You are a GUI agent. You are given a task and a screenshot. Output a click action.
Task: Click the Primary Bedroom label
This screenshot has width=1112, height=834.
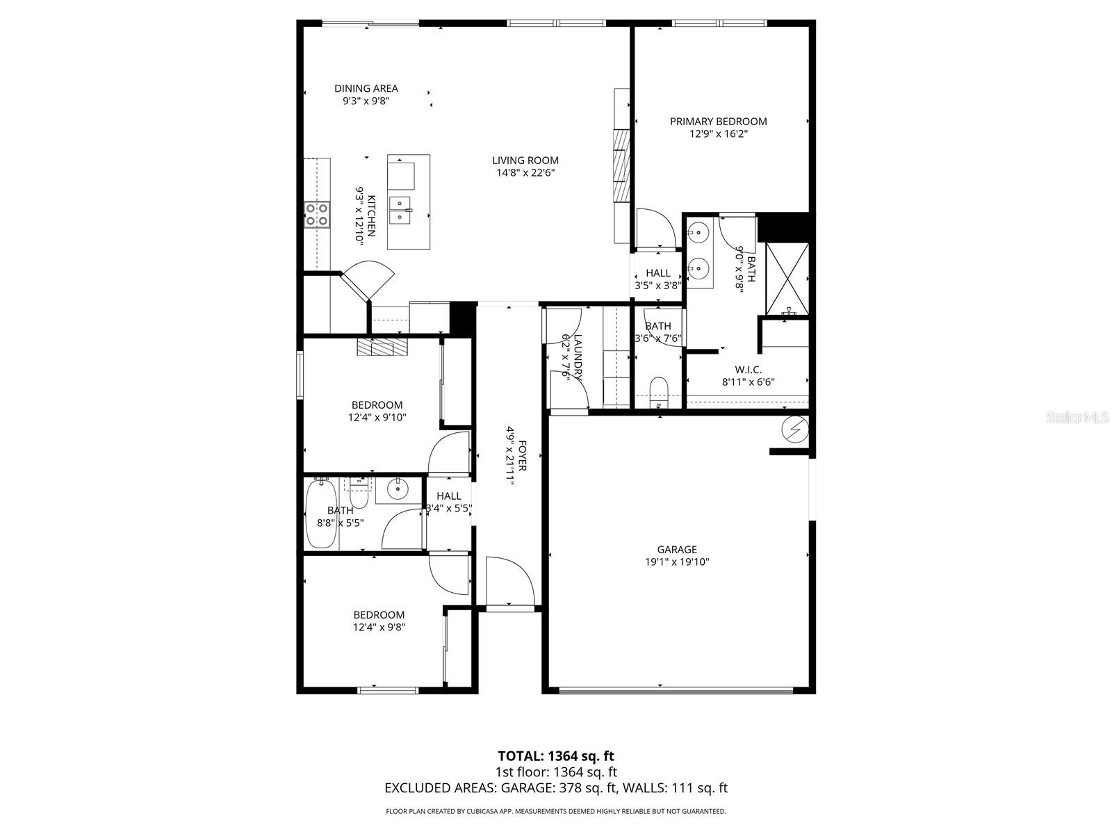[718, 122]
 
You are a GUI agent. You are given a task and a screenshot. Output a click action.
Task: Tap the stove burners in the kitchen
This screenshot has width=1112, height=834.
[317, 214]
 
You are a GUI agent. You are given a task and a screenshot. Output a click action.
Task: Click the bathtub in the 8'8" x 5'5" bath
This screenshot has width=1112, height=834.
[321, 514]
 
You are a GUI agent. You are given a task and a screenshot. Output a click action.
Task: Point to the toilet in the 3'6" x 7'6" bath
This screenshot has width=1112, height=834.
[657, 391]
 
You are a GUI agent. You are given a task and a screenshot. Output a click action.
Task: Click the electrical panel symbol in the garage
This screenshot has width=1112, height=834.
[795, 430]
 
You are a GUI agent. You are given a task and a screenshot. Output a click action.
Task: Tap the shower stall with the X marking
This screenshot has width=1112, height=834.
[787, 277]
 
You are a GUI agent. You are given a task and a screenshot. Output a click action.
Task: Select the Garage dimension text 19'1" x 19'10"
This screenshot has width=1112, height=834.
[677, 562]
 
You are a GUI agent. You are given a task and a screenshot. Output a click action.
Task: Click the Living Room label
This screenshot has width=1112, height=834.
[525, 161]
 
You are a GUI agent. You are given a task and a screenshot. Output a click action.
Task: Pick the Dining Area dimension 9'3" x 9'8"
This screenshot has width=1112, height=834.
[366, 101]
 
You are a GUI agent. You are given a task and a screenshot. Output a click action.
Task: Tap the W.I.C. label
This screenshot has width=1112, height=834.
[748, 370]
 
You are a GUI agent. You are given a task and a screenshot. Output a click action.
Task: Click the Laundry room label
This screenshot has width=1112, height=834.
[576, 356]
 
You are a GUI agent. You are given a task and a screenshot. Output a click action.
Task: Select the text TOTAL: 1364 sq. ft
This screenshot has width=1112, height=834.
[556, 755]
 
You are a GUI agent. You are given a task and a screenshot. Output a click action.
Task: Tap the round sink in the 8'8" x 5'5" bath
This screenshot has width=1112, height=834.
[398, 489]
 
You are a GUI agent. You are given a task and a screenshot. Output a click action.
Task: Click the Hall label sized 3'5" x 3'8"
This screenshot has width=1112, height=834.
[657, 273]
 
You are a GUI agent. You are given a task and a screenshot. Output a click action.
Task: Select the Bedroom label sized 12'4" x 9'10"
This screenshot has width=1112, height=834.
[377, 405]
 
